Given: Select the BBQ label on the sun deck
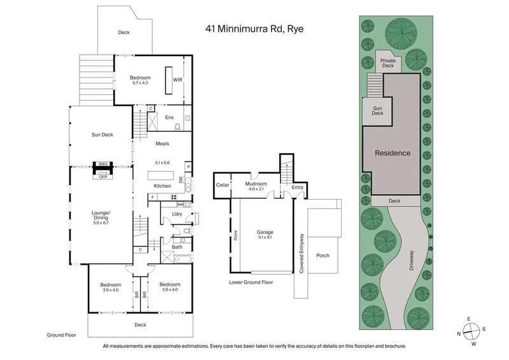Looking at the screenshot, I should (x=102, y=163).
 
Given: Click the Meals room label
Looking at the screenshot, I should (x=162, y=144).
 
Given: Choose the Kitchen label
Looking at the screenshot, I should (x=163, y=186).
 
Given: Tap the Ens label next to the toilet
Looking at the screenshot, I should (x=169, y=118).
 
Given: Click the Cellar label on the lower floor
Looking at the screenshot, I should (x=222, y=184).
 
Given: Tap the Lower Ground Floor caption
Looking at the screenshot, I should (x=251, y=281).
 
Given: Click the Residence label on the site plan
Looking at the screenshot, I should (x=392, y=153).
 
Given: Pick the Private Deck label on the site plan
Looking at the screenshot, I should (x=387, y=62).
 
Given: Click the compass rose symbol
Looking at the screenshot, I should (x=471, y=330).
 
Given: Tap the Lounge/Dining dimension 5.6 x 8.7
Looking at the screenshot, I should (x=102, y=222).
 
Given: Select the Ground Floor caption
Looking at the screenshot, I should (x=62, y=334).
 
